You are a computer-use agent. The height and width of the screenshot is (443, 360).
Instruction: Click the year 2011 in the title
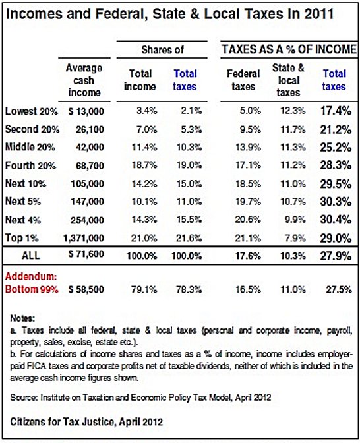pos(319,14)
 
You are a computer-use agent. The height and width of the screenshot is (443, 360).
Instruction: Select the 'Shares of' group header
pos(162,49)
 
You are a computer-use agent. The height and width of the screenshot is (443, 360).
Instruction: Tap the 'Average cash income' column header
pos(84,80)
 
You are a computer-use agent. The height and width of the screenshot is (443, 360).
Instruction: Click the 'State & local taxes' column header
pos(288,80)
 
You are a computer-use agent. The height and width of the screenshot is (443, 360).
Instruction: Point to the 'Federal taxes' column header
pos(243,80)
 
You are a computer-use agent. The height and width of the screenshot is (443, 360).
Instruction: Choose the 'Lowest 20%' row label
pos(32,111)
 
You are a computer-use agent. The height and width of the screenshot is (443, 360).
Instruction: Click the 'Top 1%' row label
pos(22,238)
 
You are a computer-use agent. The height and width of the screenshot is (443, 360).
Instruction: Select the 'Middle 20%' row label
pos(30,147)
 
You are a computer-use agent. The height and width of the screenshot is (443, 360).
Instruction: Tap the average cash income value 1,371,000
pos(84,238)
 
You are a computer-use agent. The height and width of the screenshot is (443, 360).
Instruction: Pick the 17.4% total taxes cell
pos(336,111)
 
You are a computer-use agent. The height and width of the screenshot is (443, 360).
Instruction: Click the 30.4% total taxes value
pos(336,220)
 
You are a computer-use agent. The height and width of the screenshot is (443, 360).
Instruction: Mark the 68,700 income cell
pos(90,165)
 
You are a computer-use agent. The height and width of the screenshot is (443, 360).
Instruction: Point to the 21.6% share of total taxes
pos(189,238)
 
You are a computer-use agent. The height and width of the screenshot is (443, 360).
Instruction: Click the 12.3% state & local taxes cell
pos(293,111)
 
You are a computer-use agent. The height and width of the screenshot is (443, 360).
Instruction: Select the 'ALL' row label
pos(31,256)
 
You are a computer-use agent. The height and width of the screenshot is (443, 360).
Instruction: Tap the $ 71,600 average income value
pos(86,254)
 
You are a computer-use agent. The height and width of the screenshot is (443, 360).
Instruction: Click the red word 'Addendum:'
pos(31,276)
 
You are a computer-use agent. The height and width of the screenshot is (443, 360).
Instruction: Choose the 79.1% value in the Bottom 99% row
pos(144,289)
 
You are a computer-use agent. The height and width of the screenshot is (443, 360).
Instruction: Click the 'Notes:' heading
pos(22,318)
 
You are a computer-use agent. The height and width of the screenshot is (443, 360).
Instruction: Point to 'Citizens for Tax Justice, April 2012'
pos(86,422)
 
